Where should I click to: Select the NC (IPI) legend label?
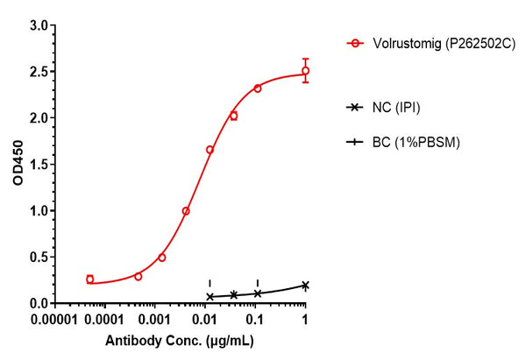click(402, 107)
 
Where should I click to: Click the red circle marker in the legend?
click(355, 42)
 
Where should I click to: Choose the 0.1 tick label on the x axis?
click(257, 319)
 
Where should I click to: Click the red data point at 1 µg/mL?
click(305, 71)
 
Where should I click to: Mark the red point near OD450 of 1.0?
click(186, 211)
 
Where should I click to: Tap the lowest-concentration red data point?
click(90, 279)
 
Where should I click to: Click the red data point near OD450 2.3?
click(258, 88)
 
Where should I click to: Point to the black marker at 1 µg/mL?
click(305, 285)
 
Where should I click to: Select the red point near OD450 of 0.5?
click(162, 258)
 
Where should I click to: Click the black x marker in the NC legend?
click(355, 107)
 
